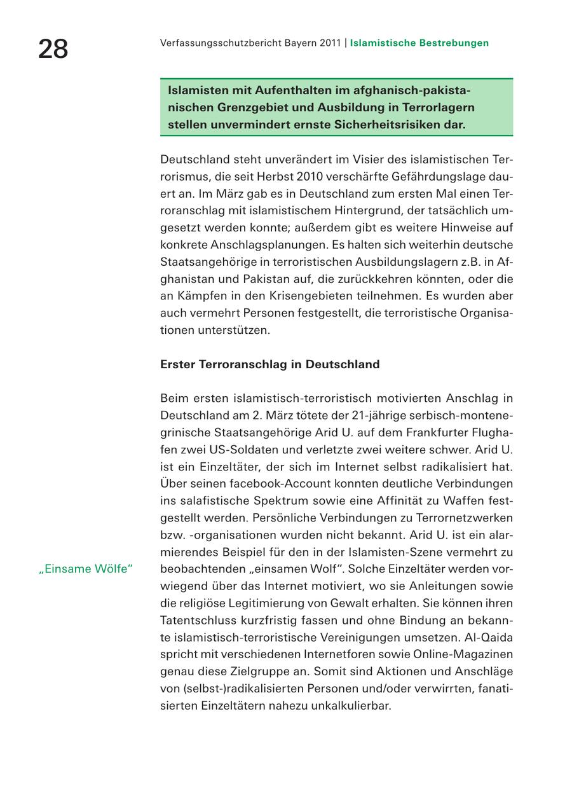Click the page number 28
click(53, 49)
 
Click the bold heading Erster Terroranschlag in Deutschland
click(269, 364)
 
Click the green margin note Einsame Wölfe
click(85, 569)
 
